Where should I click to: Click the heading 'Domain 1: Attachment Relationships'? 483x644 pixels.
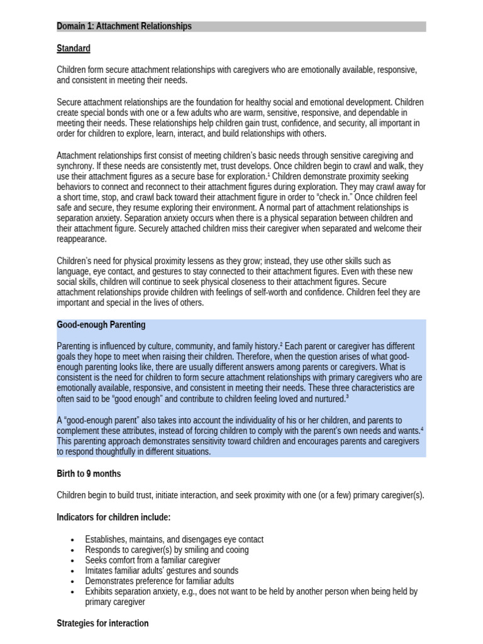[124, 26]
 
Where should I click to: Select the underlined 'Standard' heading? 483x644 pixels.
[74, 48]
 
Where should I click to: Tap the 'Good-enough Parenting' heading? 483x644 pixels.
[101, 325]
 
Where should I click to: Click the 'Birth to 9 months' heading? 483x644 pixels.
[89, 474]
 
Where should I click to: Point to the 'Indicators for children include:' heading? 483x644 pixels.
[114, 517]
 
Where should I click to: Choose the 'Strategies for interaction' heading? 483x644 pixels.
[103, 623]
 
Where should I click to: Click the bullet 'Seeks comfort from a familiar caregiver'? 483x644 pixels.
[153, 560]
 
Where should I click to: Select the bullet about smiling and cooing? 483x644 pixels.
[167, 550]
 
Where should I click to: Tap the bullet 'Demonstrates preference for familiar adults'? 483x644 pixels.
[160, 581]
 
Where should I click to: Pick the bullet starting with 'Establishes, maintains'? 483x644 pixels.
[174, 539]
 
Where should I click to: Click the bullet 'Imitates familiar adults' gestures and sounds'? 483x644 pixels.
[162, 570]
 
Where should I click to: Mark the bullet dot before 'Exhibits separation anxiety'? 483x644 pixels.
[74, 592]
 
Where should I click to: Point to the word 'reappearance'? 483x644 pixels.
[82, 239]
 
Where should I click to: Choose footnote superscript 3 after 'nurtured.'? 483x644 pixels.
[347, 397]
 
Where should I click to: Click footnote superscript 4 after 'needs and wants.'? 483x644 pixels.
[422, 428]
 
